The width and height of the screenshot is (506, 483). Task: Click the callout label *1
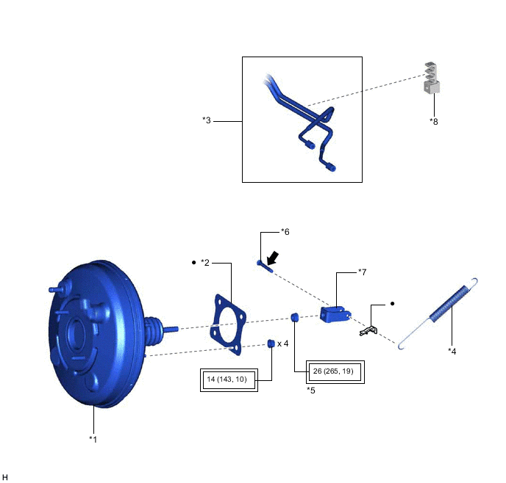pos(93,440)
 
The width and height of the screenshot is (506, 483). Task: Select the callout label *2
pos(205,263)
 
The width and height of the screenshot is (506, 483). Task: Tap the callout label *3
pos(207,120)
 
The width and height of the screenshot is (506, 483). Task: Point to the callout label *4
pos(452,352)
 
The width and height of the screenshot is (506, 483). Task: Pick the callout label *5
pos(311,391)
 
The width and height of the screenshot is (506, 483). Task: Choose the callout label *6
pos(285,232)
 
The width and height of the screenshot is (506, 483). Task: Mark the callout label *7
pos(363,272)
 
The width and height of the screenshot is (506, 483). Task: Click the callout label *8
pos(434,122)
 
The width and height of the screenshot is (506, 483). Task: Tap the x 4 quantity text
pos(283,344)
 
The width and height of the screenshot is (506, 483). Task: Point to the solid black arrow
pos(273,258)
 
